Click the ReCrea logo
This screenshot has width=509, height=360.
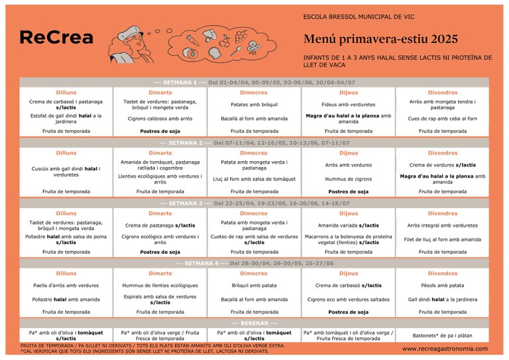56,38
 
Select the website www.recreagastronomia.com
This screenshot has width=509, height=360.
445,349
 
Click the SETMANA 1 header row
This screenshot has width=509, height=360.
254,83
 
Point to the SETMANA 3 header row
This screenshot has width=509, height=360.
254,203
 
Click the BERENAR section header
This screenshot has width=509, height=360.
254,323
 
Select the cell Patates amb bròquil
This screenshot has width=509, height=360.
254,105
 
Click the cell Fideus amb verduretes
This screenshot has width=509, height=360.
349,105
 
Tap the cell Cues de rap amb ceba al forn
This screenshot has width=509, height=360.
442,119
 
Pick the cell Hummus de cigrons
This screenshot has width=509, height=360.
349,179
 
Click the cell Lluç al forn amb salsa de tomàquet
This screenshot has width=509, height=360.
254,179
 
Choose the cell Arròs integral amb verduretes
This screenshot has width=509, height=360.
442,225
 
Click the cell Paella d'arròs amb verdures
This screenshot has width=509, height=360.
66,286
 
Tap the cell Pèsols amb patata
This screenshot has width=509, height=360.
442,286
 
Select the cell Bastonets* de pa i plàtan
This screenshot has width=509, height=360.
442,335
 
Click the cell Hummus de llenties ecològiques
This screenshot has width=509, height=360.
160,286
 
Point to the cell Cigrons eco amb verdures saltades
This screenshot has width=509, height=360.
349,299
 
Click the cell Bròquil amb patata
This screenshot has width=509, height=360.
254,286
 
